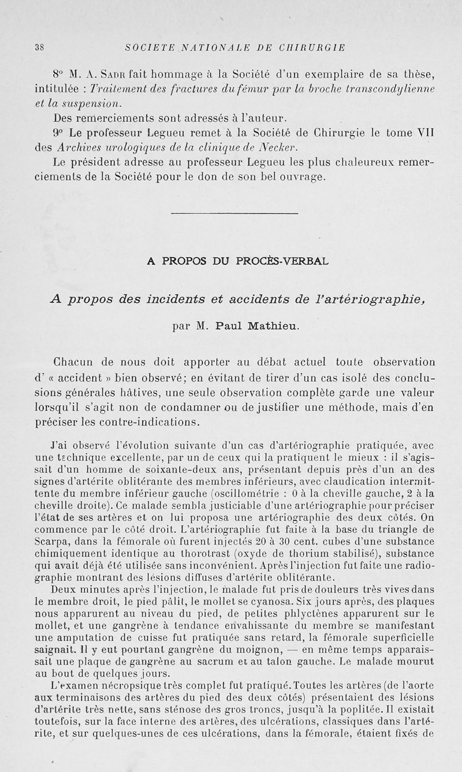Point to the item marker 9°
[x=58, y=131]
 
